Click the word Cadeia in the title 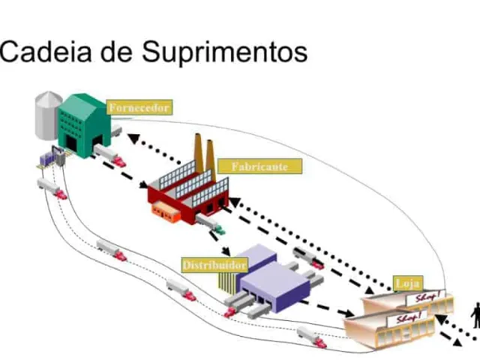pyautogui.click(x=46, y=52)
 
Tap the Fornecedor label pyautogui.click(x=139, y=107)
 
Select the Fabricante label pyautogui.click(x=259, y=166)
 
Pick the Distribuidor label pyautogui.click(x=214, y=265)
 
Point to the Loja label pyautogui.click(x=408, y=283)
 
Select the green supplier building pyautogui.click(x=84, y=125)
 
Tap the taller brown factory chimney pyautogui.click(x=198, y=153)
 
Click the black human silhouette pyautogui.click(x=476, y=315)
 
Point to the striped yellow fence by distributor pyautogui.click(x=227, y=282)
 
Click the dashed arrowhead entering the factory pyautogui.click(x=143, y=184)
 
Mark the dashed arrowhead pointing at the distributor pyautogui.click(x=226, y=251)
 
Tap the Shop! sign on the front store pyautogui.click(x=406, y=318)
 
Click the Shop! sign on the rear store pyautogui.click(x=426, y=297)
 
